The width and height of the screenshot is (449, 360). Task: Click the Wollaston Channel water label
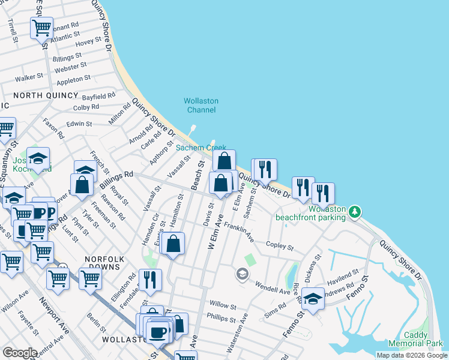(201, 105)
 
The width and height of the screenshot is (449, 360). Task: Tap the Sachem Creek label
(200, 148)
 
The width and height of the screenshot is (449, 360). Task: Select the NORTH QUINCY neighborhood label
(46, 95)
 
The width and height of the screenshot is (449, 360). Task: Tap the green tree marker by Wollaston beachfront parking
(355, 211)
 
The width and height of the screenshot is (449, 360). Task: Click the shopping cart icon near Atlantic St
(41, 27)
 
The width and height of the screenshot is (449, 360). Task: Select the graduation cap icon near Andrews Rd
(313, 298)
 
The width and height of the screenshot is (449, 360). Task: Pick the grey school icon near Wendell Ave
(242, 274)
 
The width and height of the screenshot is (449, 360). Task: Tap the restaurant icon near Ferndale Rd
(149, 279)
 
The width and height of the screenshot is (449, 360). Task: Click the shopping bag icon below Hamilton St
(173, 243)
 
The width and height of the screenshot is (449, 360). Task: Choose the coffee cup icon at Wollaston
(158, 332)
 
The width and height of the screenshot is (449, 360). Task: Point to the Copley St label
(279, 247)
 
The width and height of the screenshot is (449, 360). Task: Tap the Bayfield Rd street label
(98, 96)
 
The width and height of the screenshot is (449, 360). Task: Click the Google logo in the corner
(19, 353)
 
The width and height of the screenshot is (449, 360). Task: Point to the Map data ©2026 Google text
(411, 355)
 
